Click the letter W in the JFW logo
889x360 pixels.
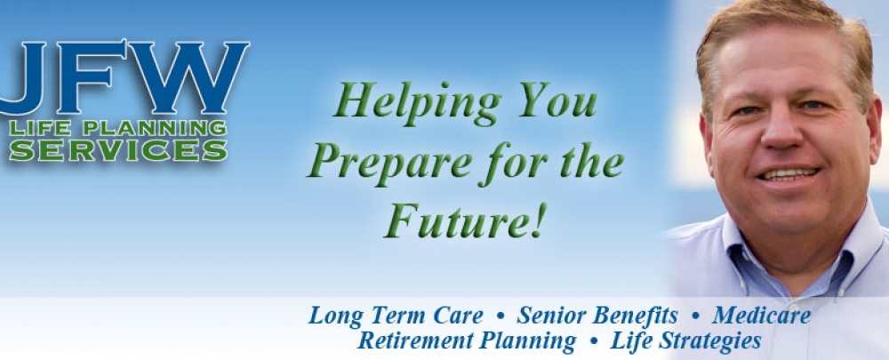pos(201,78)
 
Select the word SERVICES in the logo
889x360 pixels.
pos(117,149)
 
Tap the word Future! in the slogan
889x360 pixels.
pos(463,220)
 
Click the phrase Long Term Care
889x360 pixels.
pos(396,316)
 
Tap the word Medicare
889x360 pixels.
pos(761,316)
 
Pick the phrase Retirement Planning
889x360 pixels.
pos(467,340)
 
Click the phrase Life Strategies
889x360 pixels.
pos(685,340)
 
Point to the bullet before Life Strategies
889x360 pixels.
pos(593,341)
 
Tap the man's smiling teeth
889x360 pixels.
pos(789,174)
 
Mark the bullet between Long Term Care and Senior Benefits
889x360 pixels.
pos(501,316)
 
